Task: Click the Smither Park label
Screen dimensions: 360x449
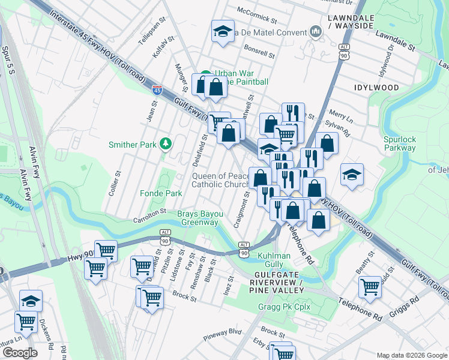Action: pos(131,144)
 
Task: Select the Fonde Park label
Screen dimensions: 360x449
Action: pos(160,194)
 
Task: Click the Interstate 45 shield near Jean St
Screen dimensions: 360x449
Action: pos(157,90)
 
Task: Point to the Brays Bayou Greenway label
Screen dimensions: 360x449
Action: pos(197,218)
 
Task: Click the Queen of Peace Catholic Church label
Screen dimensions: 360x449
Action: pos(219,180)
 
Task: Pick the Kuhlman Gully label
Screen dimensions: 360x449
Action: pos(274,260)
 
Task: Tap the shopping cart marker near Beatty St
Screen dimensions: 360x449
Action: pos(370,286)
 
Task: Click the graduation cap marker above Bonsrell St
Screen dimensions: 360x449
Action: pos(223,31)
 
